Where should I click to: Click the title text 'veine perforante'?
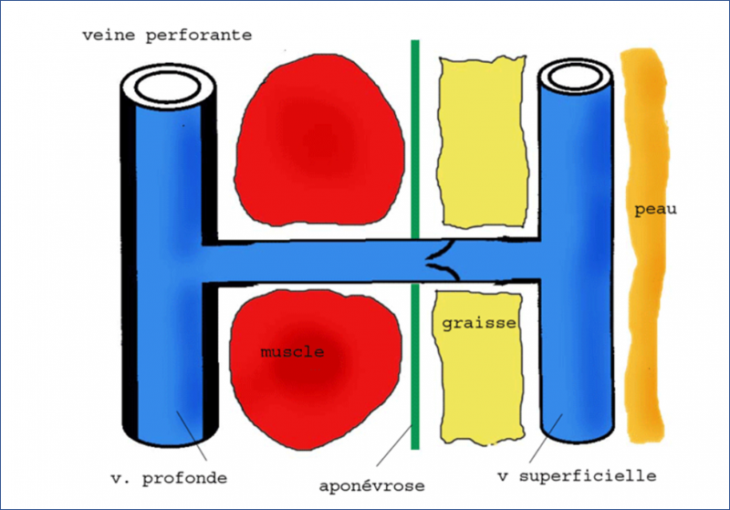pos(167,36)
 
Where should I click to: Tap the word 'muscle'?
pos(292,351)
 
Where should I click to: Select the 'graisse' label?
pos(479,323)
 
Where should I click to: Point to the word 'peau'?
pos(655,210)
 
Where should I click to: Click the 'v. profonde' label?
pos(169,478)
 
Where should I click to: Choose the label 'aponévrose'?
pos(371,486)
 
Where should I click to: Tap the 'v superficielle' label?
pos(577,476)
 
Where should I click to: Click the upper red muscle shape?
pos(318,140)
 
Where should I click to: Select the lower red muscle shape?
pos(315,369)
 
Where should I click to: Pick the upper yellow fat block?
pos(483,142)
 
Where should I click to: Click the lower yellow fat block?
pos(478,368)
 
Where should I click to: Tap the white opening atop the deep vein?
pos(168,87)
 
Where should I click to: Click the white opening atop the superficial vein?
pos(576,78)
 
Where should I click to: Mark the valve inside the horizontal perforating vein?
pos(443,262)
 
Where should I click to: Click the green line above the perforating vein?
pos(415,140)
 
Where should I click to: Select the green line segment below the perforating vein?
pos(415,367)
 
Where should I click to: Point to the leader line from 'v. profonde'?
pos(192,436)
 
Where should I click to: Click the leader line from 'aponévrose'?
pos(394,445)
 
